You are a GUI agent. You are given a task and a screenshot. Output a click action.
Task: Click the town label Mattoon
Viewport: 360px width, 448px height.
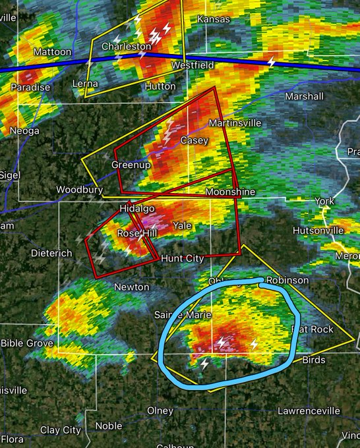tap(52, 51)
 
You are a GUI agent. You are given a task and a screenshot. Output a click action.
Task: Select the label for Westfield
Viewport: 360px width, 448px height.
tap(192, 66)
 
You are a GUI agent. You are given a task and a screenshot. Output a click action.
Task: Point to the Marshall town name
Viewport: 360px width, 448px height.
tap(304, 96)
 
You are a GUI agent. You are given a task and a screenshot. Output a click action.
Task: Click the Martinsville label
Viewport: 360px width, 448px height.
tap(235, 123)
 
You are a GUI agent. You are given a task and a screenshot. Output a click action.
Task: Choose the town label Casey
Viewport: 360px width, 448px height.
tap(194, 140)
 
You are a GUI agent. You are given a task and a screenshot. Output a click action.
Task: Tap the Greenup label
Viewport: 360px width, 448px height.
tap(131, 164)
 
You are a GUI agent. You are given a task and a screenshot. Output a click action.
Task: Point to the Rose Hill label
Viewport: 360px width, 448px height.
tap(136, 233)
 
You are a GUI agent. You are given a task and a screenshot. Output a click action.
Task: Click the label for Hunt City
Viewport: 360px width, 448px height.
tap(183, 258)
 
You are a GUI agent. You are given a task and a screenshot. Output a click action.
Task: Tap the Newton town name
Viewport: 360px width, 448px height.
tap(127, 287)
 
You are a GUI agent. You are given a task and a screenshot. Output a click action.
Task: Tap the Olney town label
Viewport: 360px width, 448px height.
tap(160, 410)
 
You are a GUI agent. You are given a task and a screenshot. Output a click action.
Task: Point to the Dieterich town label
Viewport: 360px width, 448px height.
tap(51, 252)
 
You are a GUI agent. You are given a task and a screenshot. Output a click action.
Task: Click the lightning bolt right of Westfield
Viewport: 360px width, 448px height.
tap(271, 62)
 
